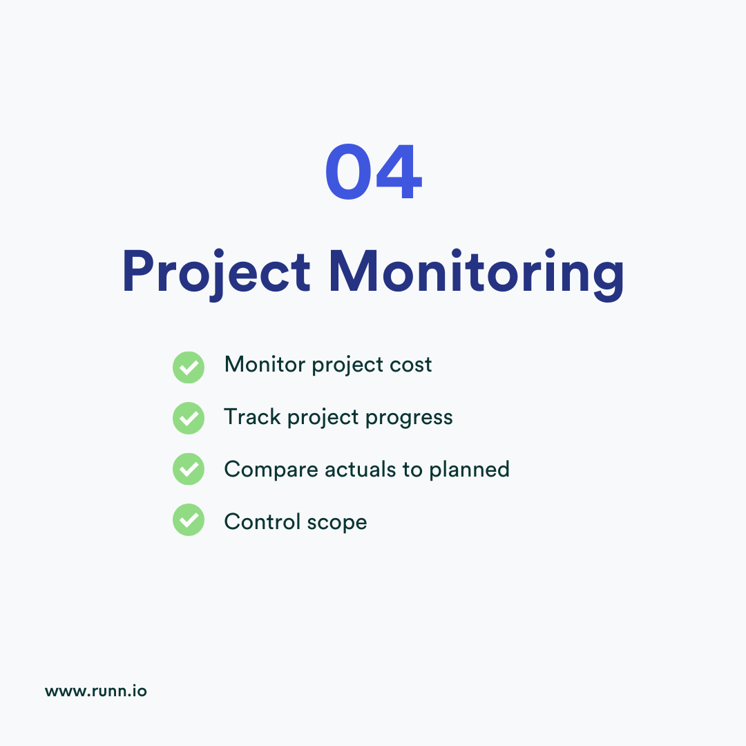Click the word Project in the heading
tap(216, 272)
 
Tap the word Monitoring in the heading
tap(476, 272)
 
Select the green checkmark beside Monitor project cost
tap(188, 367)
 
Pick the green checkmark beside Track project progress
tap(188, 418)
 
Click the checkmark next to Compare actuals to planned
tap(188, 470)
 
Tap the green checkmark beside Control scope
tap(188, 520)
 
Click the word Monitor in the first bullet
tap(265, 365)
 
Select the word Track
tap(253, 417)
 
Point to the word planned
tap(469, 470)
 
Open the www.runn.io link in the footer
tap(96, 691)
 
